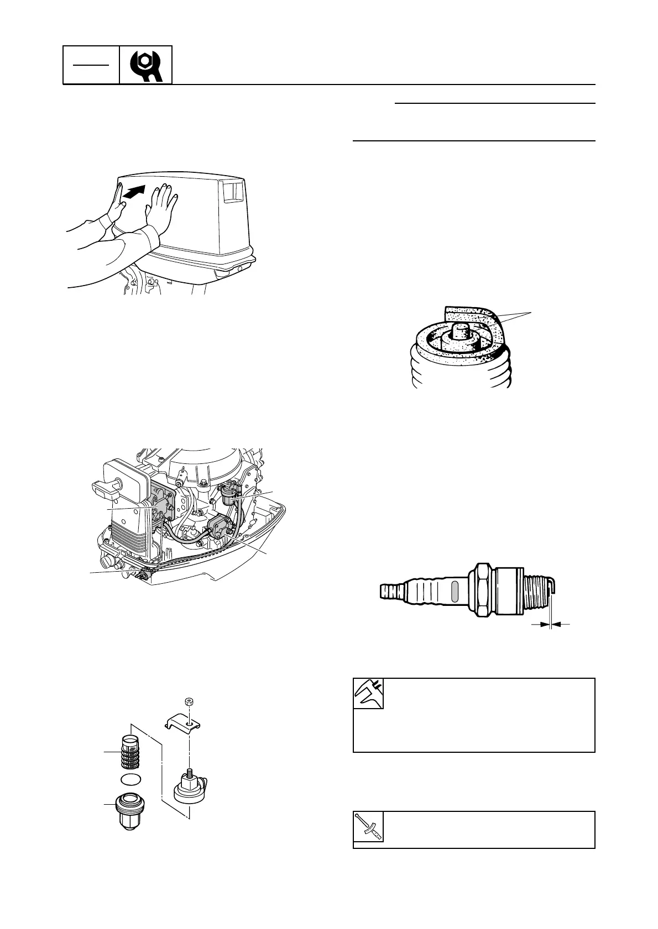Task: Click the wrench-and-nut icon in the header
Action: pos(146,65)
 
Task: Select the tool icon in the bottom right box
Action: pos(368,827)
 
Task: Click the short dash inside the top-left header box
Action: pos(91,65)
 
